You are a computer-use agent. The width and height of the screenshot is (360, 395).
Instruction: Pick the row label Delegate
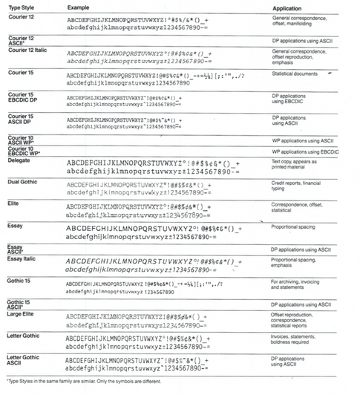[x=19, y=160]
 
